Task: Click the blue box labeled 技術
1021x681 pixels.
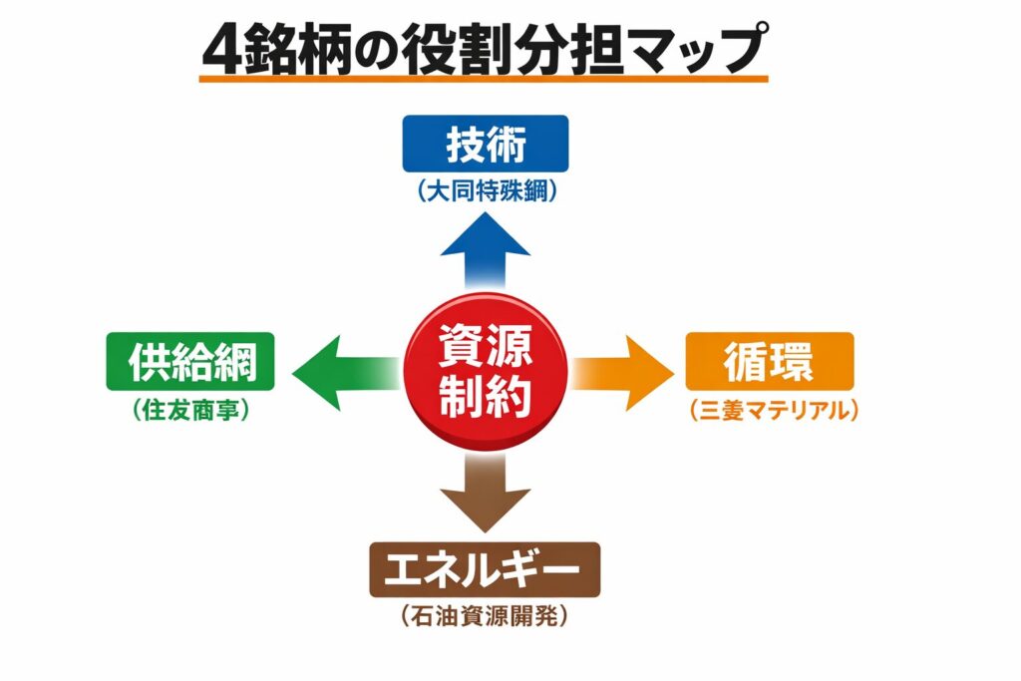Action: pyautogui.click(x=485, y=144)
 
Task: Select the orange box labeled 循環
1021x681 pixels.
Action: pyautogui.click(x=769, y=361)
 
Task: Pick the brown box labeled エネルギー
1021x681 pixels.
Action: pyautogui.click(x=485, y=570)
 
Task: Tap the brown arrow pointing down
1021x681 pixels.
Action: pyautogui.click(x=486, y=489)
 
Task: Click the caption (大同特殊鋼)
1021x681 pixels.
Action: pyautogui.click(x=486, y=192)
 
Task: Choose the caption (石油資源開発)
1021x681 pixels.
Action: pyautogui.click(x=485, y=617)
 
